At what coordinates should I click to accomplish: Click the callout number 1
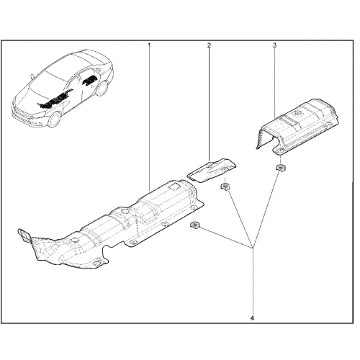pos(149,45)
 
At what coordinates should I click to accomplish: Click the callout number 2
pos(209,45)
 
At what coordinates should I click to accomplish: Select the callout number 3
pos(274,45)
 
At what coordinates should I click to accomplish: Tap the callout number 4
pos(252,318)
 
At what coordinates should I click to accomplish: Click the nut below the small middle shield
pos(225,186)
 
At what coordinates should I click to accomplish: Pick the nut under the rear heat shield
pos(280,168)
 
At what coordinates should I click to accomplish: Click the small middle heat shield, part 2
pos(211,170)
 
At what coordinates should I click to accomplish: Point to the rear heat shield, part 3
pos(297,125)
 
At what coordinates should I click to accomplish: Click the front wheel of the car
pos(55,120)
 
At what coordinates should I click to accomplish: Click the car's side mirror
pos(32,76)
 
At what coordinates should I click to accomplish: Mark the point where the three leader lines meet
pos(252,248)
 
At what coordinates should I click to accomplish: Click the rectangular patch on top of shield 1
pos(174,186)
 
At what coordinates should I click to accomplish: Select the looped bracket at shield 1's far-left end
pos(24,235)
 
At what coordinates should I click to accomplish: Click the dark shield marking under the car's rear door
pos(90,80)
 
